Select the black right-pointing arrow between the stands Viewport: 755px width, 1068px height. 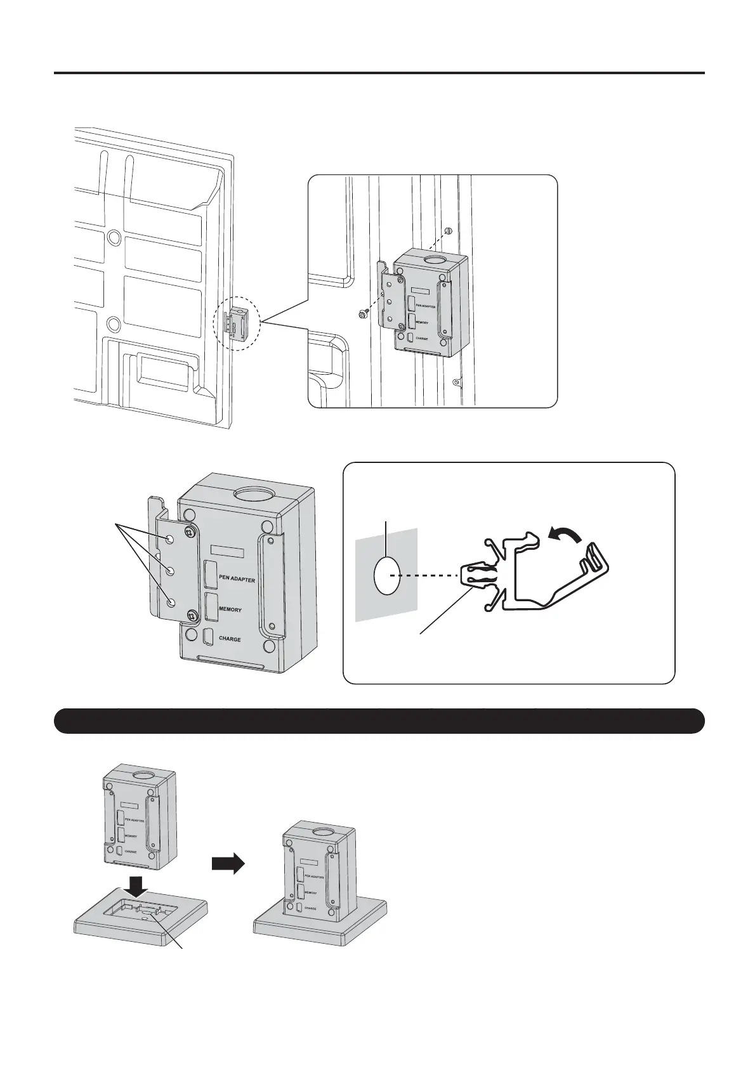pos(228,863)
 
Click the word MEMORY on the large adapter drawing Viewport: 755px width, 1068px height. pos(230,609)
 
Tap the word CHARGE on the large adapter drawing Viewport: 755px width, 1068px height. pos(230,639)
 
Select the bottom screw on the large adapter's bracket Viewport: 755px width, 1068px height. pos(192,614)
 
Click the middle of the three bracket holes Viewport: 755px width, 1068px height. pos(170,571)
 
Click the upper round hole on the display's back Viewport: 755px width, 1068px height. pos(114,237)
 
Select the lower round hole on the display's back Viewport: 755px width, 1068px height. pos(114,324)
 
